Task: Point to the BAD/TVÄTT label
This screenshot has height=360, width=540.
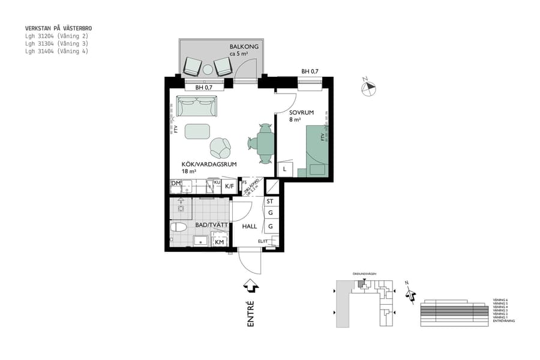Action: pyautogui.click(x=208, y=226)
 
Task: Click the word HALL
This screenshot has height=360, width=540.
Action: pyautogui.click(x=250, y=227)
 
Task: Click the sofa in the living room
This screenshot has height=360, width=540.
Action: pyautogui.click(x=196, y=107)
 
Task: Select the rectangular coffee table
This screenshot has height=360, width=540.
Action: pyautogui.click(x=197, y=131)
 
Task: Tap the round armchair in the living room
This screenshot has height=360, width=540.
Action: pyautogui.click(x=220, y=146)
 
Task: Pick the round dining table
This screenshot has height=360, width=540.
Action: pyautogui.click(x=265, y=143)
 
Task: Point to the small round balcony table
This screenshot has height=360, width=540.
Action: pyautogui.click(x=208, y=70)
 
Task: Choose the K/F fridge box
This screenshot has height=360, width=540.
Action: pyautogui.click(x=229, y=187)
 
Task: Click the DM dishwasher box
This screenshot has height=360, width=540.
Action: pyautogui.click(x=176, y=183)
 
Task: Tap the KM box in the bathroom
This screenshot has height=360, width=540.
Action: pyautogui.click(x=220, y=242)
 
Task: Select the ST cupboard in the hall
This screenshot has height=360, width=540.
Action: pyautogui.click(x=270, y=202)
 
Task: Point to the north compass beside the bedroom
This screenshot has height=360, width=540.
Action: pyautogui.click(x=368, y=88)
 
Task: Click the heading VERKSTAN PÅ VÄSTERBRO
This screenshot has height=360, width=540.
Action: pyautogui.click(x=58, y=28)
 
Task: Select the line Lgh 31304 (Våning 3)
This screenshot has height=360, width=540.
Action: pyautogui.click(x=56, y=44)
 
